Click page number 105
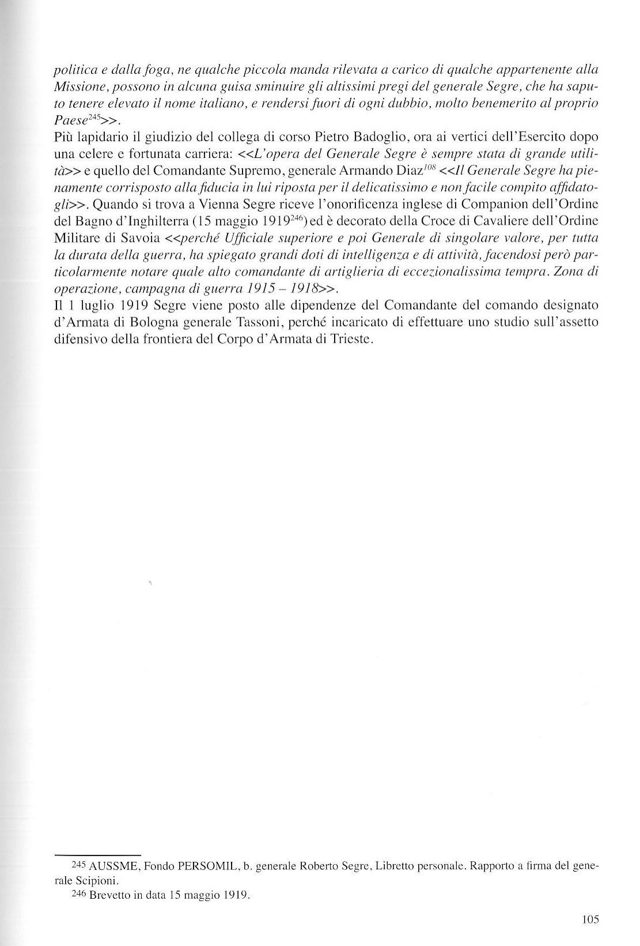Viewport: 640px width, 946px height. coord(590,919)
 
